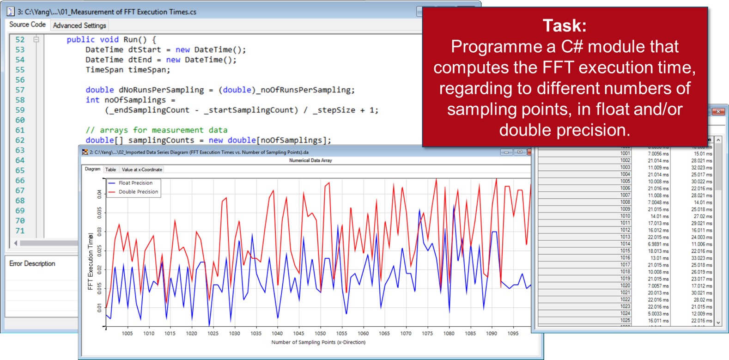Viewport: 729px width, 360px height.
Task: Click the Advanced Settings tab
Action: click(79, 25)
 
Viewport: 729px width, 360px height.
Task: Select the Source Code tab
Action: click(27, 24)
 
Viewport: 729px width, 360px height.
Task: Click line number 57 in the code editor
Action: click(20, 90)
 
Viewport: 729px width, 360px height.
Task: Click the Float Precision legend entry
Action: click(135, 183)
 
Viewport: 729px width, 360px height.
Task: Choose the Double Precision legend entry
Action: click(138, 192)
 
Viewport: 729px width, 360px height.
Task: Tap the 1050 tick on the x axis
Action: click(320, 333)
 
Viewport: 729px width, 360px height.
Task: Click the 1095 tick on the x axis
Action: click(513, 333)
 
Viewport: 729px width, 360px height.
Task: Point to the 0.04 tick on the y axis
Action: click(99, 194)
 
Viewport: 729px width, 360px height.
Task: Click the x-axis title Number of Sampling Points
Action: click(318, 342)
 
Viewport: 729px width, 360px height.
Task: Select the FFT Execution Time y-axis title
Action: click(91, 262)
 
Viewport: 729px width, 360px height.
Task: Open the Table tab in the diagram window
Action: click(111, 170)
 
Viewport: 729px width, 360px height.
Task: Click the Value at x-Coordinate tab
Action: click(142, 170)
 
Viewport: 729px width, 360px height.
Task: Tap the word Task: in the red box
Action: click(565, 26)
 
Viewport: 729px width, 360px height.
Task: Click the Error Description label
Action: click(32, 263)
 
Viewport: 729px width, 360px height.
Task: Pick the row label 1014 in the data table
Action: click(625, 244)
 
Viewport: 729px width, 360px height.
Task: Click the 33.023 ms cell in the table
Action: click(701, 258)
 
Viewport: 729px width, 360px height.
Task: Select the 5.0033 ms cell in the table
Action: click(658, 314)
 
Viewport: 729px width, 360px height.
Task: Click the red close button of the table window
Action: click(718, 111)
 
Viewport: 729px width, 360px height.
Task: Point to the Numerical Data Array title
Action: click(310, 160)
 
